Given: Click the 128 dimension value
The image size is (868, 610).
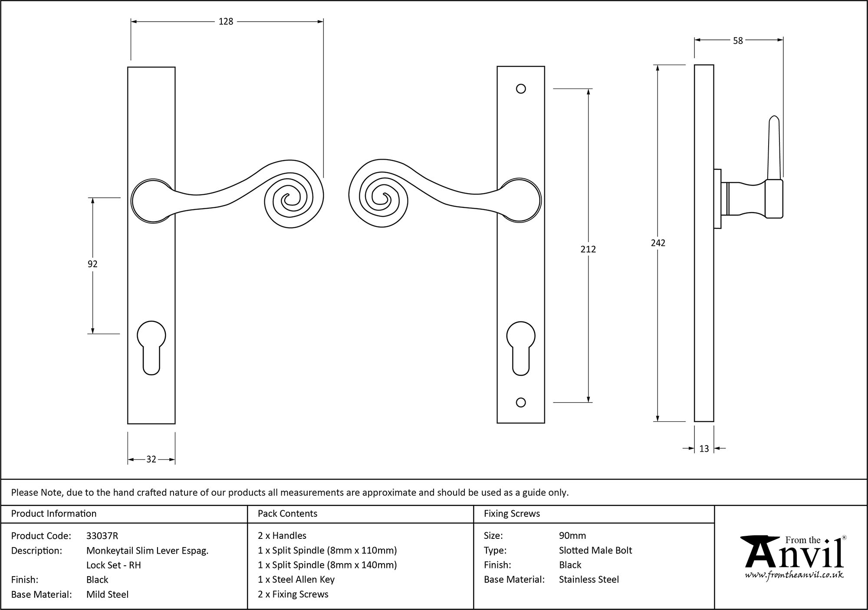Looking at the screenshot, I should [x=226, y=21].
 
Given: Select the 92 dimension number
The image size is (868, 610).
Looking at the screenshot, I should [x=92, y=264].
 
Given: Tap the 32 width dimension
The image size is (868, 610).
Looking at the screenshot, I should [x=151, y=459].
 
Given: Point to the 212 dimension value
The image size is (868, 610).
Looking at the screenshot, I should [x=588, y=249].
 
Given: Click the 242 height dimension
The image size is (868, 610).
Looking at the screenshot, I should [x=658, y=243].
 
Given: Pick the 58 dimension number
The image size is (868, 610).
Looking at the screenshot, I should [x=738, y=41].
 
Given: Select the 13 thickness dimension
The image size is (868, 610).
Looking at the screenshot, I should [x=704, y=449].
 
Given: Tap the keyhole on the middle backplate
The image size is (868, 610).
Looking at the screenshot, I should [x=521, y=347].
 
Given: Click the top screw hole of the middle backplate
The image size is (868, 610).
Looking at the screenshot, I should [x=521, y=89].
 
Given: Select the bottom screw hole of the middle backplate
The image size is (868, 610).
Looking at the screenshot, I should [x=521, y=403].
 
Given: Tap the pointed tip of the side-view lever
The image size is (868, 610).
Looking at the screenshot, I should [x=774, y=118].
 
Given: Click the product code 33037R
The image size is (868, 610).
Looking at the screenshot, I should [x=102, y=536].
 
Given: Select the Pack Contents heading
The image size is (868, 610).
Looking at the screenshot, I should [x=287, y=514].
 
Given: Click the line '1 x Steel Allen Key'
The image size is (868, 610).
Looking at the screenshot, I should [x=296, y=580].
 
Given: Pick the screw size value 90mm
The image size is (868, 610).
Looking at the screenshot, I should [x=572, y=536].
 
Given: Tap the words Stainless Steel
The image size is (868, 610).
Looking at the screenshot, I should [x=589, y=580].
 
